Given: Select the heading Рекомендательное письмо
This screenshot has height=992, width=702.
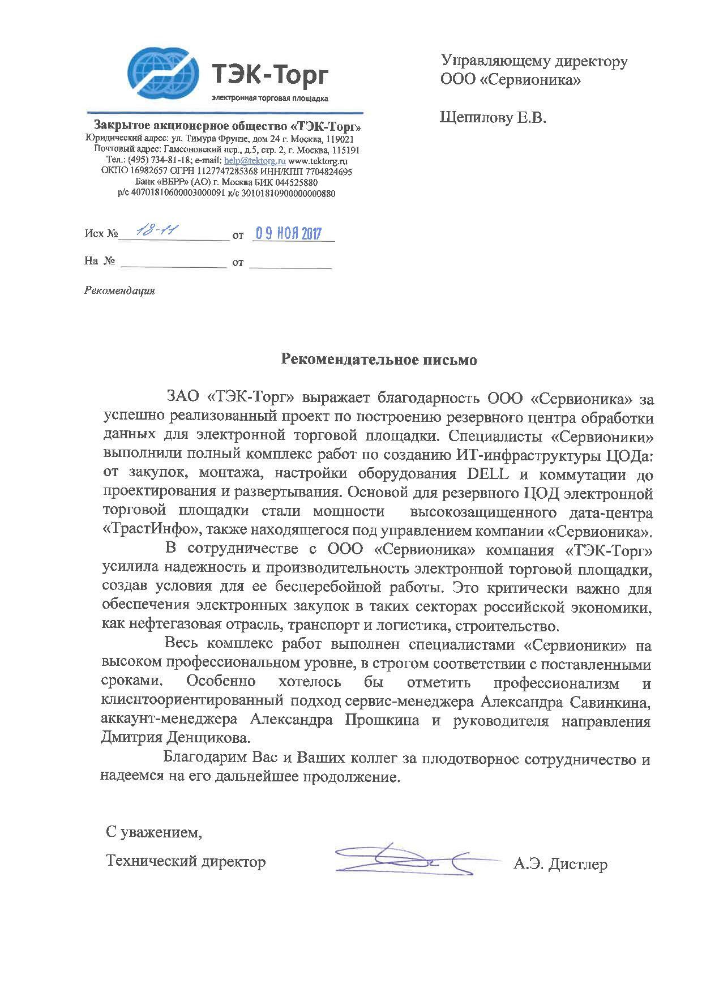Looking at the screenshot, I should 379,360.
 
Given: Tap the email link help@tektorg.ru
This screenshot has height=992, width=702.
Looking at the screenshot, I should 255,161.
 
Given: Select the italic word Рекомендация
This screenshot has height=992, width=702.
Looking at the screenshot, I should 119,291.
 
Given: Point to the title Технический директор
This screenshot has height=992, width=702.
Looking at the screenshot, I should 186,862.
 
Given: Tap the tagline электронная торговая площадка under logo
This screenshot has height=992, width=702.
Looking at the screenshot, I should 269,98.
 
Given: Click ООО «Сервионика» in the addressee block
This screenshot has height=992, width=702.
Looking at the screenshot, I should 511,80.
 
